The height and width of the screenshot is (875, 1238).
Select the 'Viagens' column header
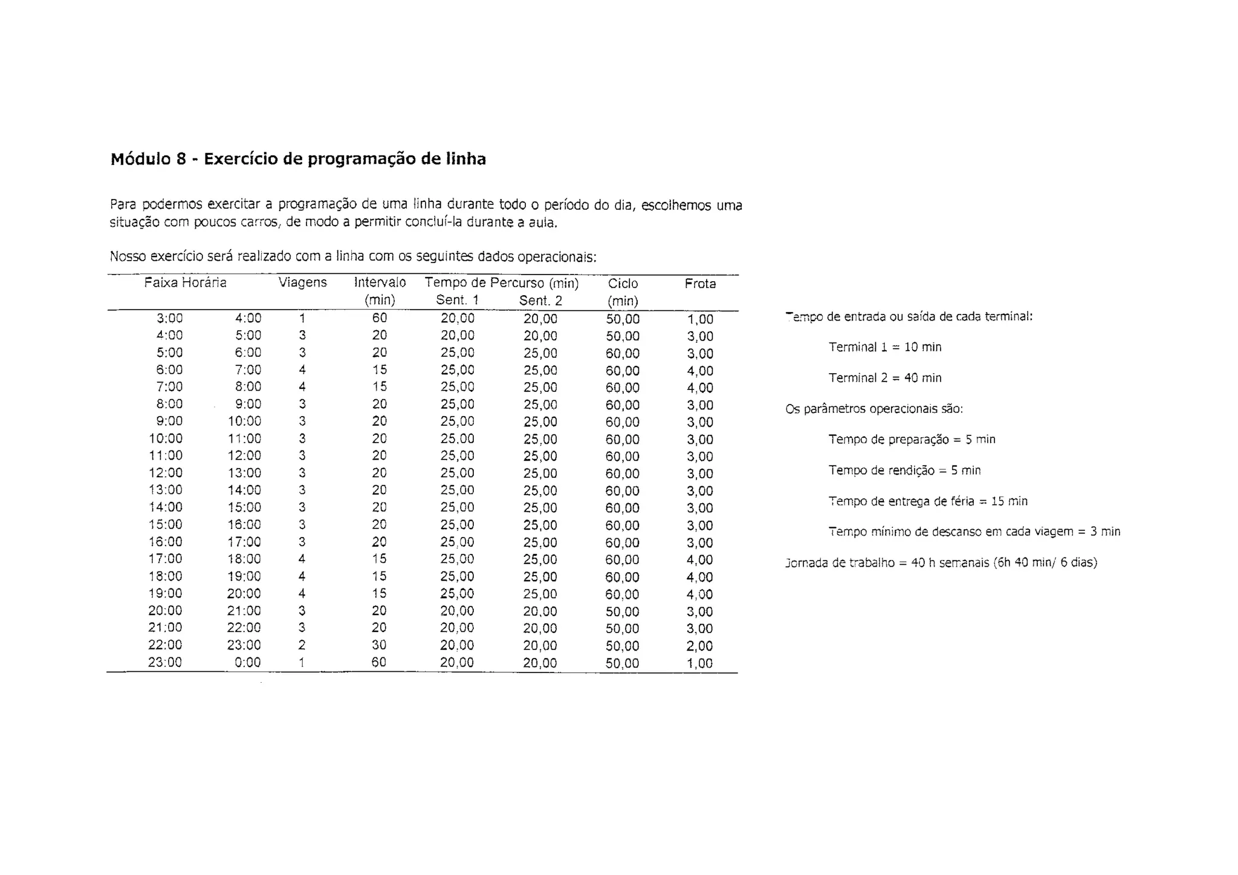point(302,282)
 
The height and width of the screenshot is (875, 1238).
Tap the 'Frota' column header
point(700,284)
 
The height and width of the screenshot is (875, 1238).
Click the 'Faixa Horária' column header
point(185,282)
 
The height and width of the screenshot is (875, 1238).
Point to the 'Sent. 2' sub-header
point(540,301)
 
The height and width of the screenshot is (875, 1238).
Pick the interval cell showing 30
point(379,645)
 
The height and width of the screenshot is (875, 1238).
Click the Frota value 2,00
point(700,646)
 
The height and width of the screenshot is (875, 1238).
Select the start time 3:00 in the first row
point(170,318)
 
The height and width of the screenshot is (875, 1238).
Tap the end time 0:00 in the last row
point(248,662)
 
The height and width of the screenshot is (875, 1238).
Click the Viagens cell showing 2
point(302,645)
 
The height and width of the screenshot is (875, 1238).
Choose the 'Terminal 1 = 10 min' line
point(885,347)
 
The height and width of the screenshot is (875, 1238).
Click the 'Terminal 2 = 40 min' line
point(885,378)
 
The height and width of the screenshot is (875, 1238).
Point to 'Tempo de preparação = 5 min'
point(912,440)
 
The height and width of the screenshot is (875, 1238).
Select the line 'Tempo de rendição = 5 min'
point(904,470)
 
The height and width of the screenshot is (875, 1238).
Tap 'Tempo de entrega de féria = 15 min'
point(928,501)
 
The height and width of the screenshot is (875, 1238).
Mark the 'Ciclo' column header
point(623,284)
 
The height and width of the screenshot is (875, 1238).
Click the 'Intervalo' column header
point(380,282)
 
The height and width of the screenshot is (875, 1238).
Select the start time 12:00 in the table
point(166,473)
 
